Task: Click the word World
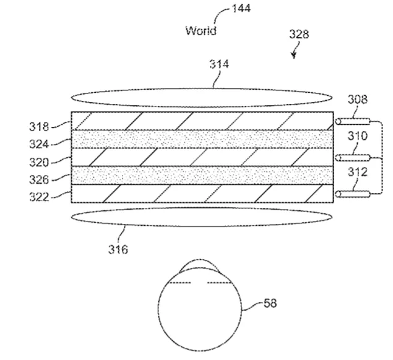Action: (x=201, y=30)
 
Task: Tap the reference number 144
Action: (x=241, y=8)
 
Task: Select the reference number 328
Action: (x=299, y=34)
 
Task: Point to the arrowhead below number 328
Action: (x=293, y=56)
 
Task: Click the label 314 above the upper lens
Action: (x=219, y=64)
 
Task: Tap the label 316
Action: (x=118, y=249)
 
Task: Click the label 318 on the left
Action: (x=39, y=127)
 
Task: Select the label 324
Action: (x=39, y=144)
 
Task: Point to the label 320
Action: (x=39, y=162)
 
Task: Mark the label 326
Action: (x=39, y=179)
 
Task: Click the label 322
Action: (x=39, y=197)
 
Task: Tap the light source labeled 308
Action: (x=353, y=121)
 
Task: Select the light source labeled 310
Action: (x=353, y=158)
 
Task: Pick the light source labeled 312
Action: (x=353, y=194)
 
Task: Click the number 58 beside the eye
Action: (x=270, y=303)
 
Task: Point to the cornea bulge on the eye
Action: (x=199, y=260)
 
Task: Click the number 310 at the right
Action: (x=357, y=136)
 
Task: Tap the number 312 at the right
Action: (x=357, y=172)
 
